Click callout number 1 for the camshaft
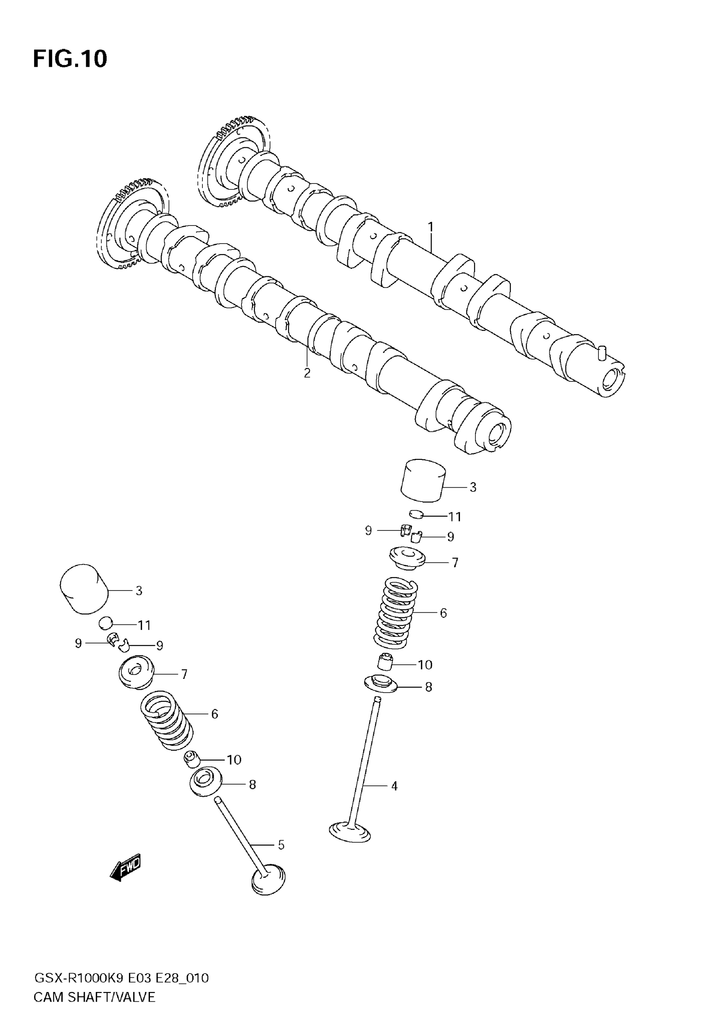[x=430, y=227]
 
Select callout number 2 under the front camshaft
[x=307, y=373]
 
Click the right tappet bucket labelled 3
[x=423, y=480]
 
